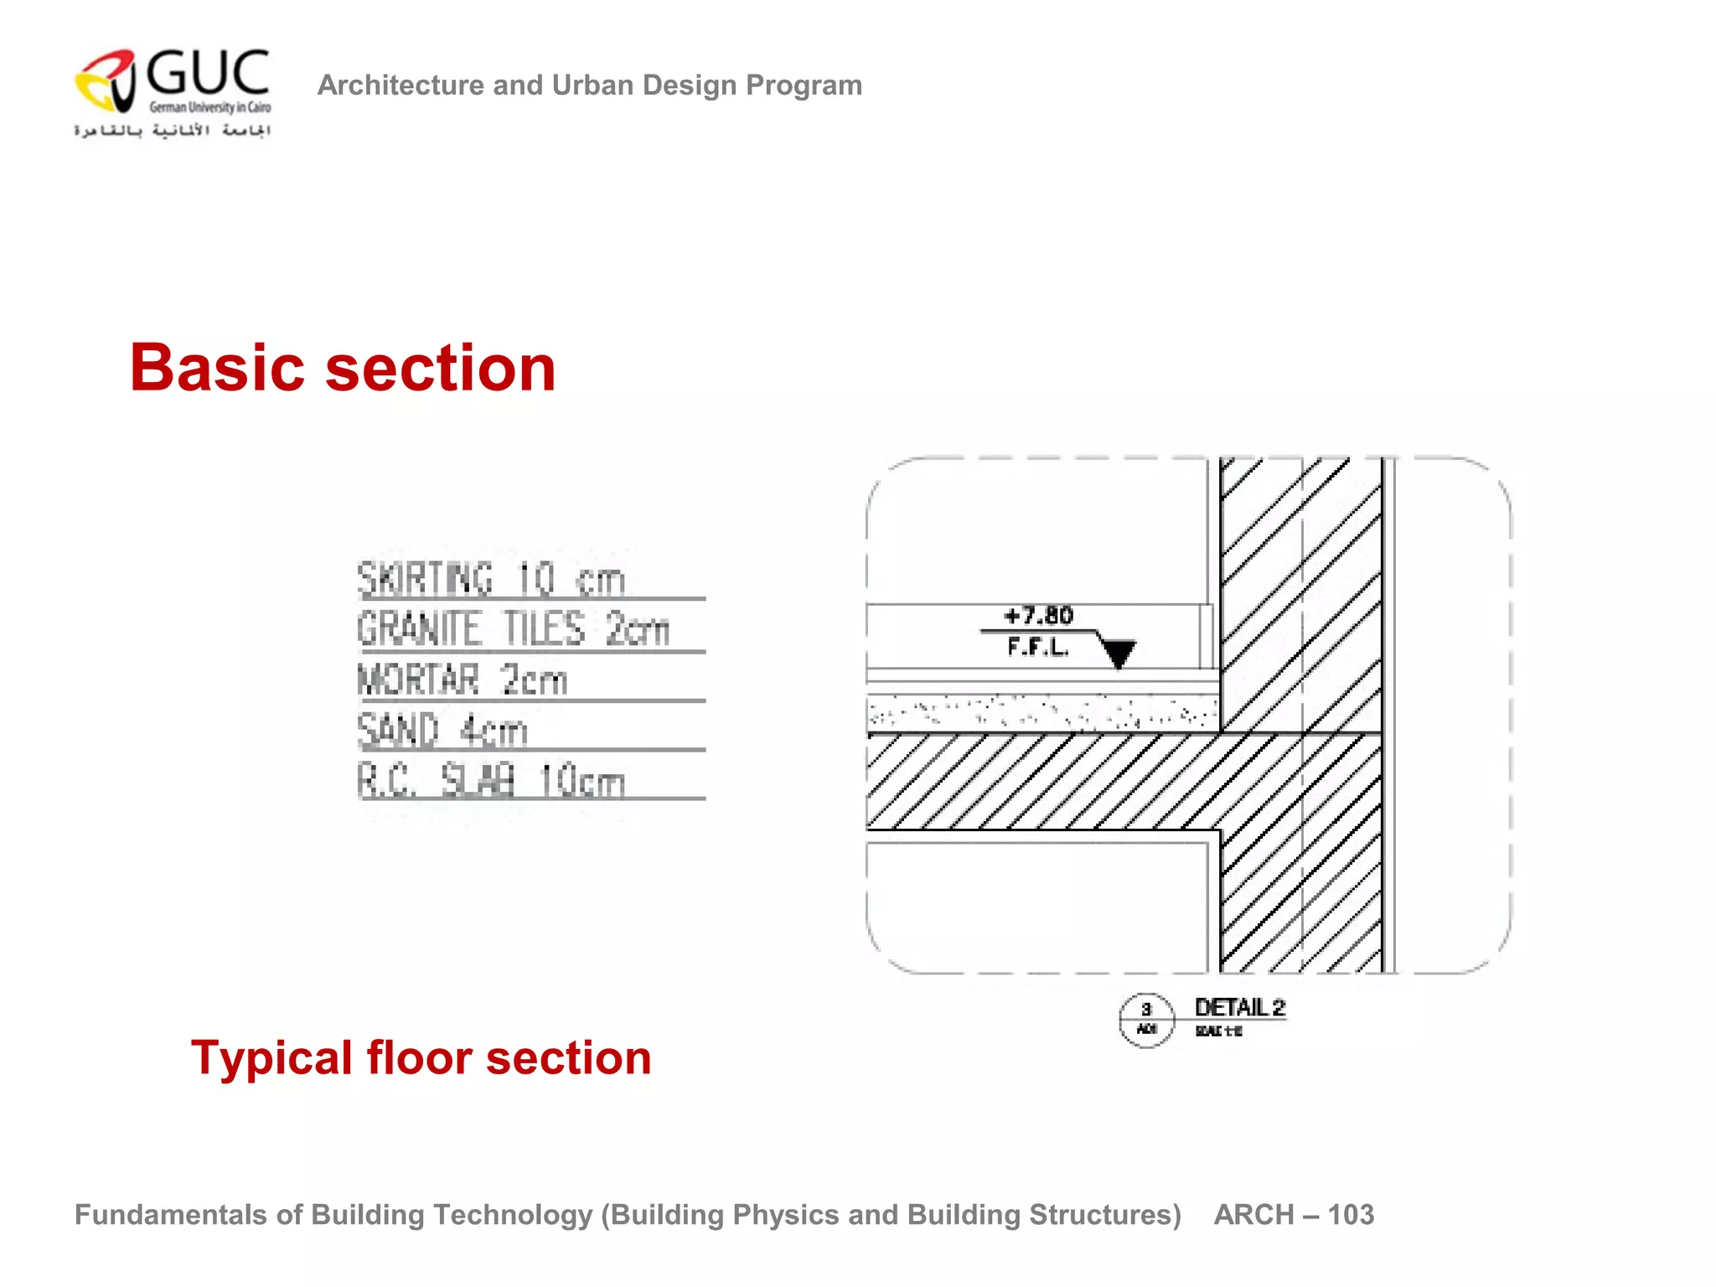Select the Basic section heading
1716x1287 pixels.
[343, 368]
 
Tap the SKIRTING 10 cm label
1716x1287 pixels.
[491, 580]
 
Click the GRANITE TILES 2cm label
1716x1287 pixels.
[513, 629]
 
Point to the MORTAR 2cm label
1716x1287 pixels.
[462, 680]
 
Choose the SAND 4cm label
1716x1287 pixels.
[442, 730]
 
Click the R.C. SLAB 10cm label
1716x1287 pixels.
[491, 781]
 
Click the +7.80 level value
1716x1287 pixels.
[1038, 616]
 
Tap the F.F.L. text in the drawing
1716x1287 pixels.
[1037, 647]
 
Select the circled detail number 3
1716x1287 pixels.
[1146, 1010]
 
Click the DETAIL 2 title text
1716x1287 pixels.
[1239, 1008]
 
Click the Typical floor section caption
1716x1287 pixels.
[421, 1057]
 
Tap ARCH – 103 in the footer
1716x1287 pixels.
[1293, 1215]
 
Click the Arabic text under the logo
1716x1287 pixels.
[172, 131]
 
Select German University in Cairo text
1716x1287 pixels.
[209, 107]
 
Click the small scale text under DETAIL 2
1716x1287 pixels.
[1218, 1031]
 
